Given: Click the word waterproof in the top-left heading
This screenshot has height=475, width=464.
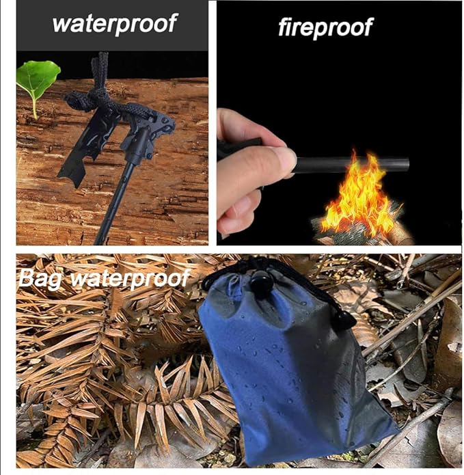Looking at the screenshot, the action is coord(115,24).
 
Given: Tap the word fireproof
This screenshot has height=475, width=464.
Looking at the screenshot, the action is coord(325,27).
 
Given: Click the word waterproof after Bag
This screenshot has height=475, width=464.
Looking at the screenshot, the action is coord(130,279).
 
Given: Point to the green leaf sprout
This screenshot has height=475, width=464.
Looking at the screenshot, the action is coord(38,79).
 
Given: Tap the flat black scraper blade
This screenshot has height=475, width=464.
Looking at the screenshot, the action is coord(85,148).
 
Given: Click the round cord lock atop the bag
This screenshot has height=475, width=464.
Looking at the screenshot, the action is coord(260,282).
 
